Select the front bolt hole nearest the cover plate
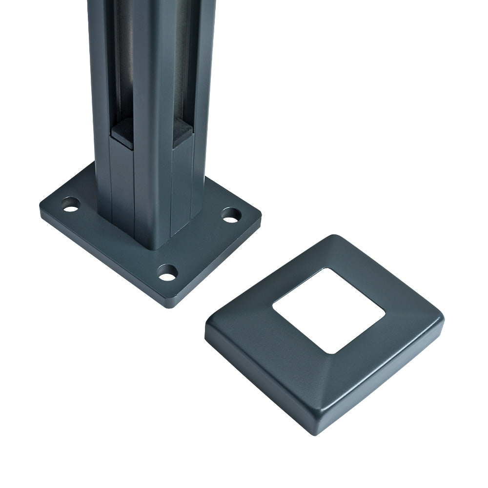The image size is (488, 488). coord(167,273)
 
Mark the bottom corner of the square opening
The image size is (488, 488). coord(332,352)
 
